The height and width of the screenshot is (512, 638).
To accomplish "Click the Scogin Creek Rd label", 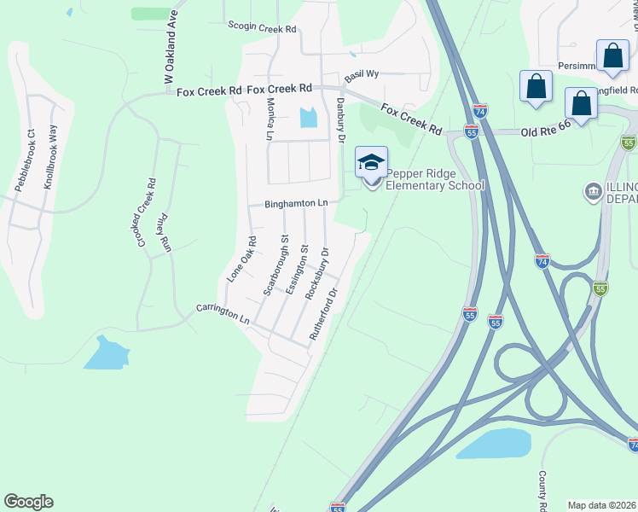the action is click(x=262, y=28).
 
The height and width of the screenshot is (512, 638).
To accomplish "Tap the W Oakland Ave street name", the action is click(x=171, y=48).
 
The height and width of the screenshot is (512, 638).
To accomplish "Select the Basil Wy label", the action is click(x=361, y=76).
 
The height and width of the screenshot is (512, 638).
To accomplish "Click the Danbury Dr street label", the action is click(x=340, y=119).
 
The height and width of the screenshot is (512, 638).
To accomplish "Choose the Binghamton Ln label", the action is click(x=296, y=203).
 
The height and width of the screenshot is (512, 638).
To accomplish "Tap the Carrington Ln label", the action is click(x=222, y=313).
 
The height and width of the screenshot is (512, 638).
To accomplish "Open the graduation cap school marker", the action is click(x=371, y=162).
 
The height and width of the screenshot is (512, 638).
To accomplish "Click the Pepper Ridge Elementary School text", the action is click(x=435, y=179).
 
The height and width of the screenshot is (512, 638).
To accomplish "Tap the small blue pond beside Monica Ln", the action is click(x=309, y=118).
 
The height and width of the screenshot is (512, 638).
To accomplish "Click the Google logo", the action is click(x=28, y=502).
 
